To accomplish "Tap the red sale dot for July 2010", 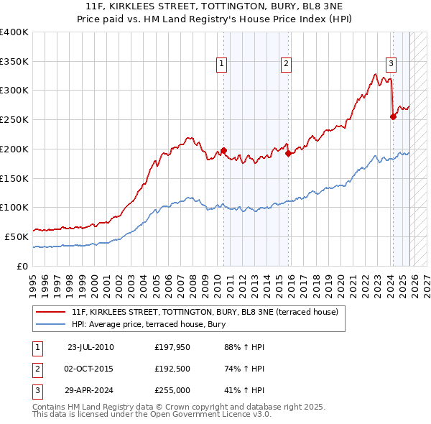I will (223, 150).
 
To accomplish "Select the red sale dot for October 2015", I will (288, 153).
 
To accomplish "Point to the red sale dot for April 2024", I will (393, 116).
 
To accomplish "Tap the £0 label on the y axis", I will (22, 266).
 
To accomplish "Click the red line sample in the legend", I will (50, 312).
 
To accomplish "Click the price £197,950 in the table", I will (173, 347).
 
